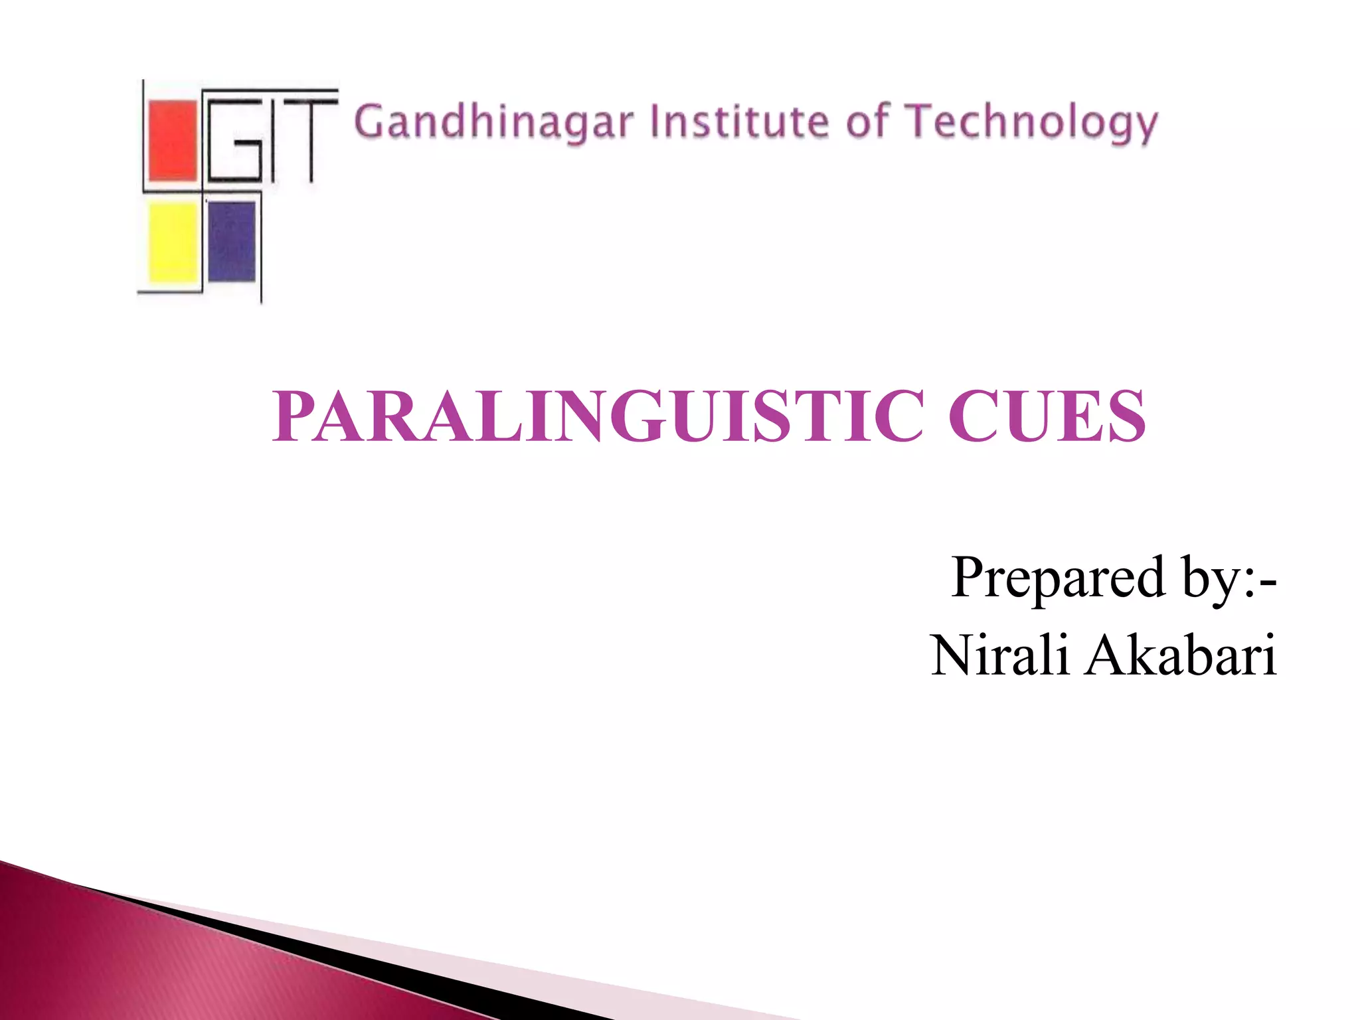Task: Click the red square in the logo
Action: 173,140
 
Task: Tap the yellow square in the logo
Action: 173,242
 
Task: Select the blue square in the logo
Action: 231,241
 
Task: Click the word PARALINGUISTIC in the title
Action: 598,416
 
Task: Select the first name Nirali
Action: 1000,655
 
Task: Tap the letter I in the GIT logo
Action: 272,140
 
